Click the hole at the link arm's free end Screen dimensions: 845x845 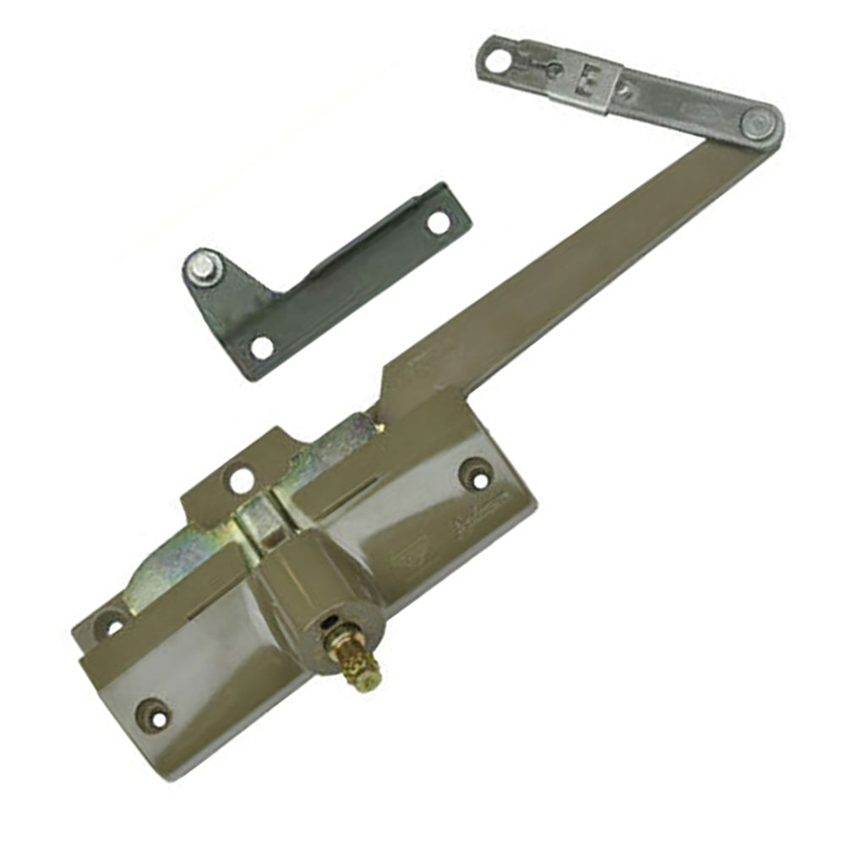click(499, 60)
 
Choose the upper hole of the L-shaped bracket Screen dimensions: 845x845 click(438, 222)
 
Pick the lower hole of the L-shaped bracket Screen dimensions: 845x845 click(262, 346)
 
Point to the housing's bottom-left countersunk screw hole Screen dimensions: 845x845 click(154, 714)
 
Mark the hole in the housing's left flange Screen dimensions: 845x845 click(112, 625)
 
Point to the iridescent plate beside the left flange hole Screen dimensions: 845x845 click(165, 575)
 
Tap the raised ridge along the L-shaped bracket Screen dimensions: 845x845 click(372, 237)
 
